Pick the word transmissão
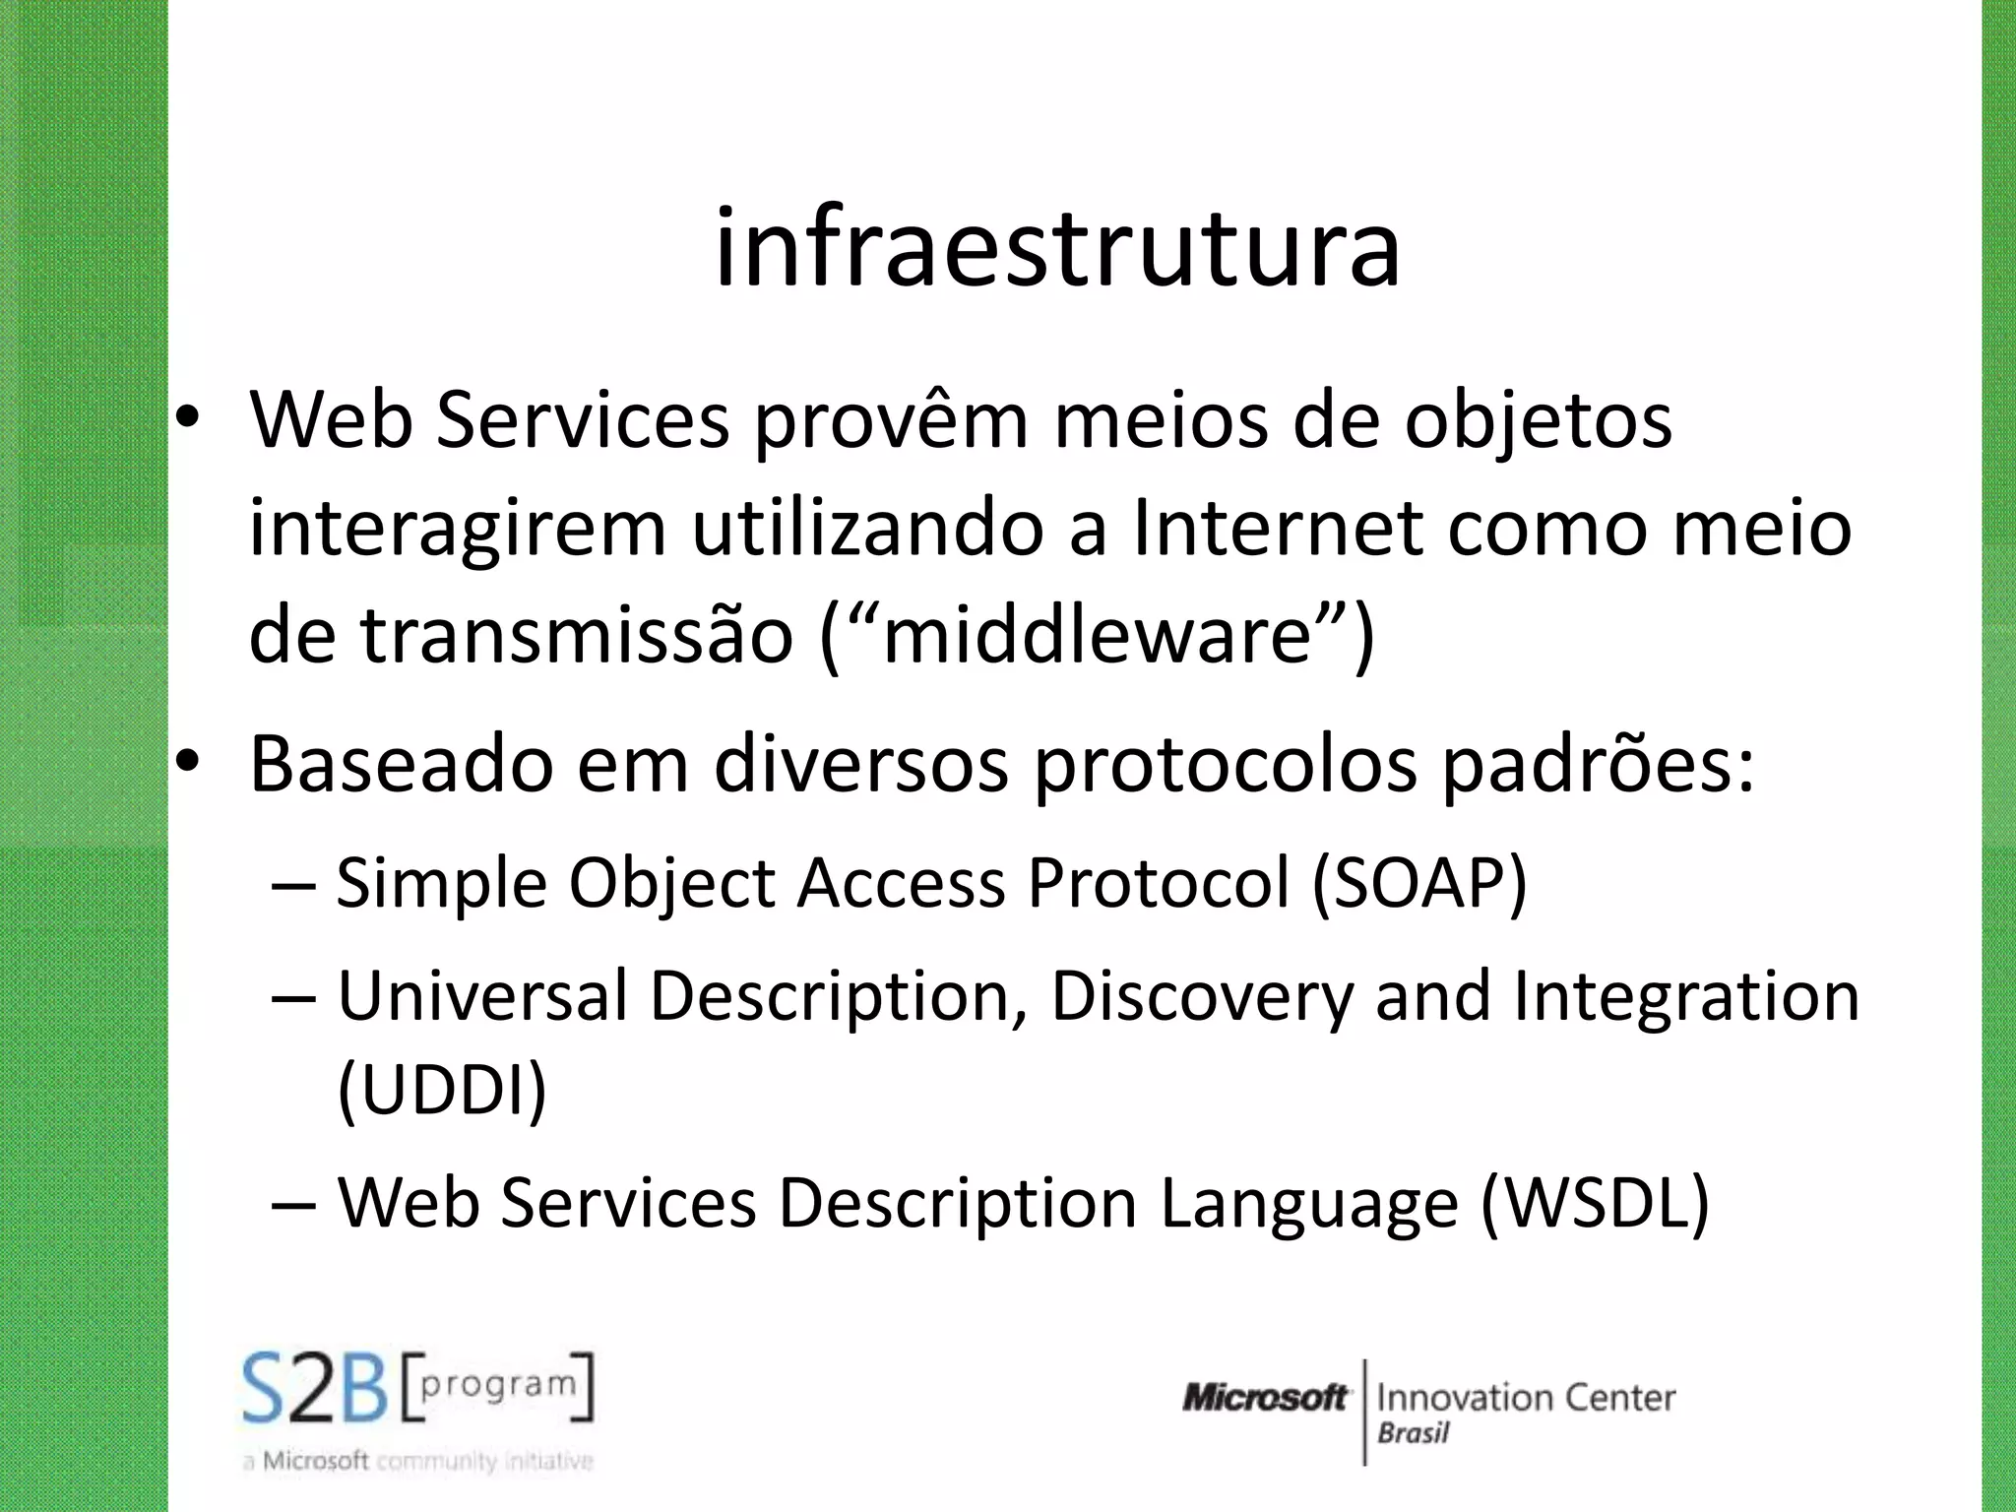pos(577,635)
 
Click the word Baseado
pos(402,765)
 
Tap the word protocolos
pos(1225,765)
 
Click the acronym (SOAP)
pos(1419,883)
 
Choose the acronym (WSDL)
pos(1595,1203)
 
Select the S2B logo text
pos(315,1390)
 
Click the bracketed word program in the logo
pos(498,1385)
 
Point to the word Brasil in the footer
pos(1414,1433)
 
